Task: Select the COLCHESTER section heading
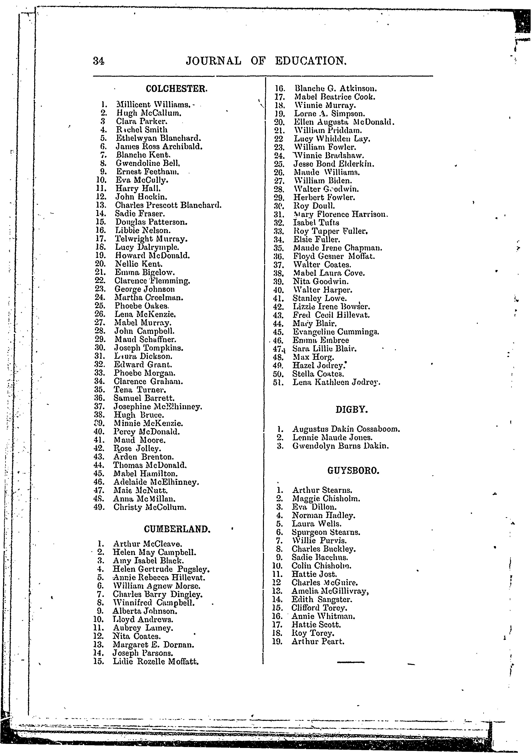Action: (177, 89)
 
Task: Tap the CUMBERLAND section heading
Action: (177, 529)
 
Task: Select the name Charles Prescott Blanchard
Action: (168, 205)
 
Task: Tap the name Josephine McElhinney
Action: (158, 407)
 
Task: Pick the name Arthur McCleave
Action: (147, 544)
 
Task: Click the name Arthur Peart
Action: (318, 641)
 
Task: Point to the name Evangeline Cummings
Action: (336, 332)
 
